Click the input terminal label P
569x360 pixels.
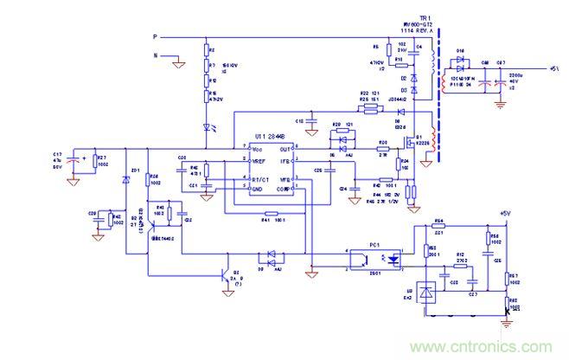click(155, 37)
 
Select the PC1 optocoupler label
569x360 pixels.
click(374, 245)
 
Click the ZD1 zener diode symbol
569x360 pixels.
click(126, 179)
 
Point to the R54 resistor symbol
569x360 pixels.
click(438, 228)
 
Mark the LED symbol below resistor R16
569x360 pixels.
click(208, 126)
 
